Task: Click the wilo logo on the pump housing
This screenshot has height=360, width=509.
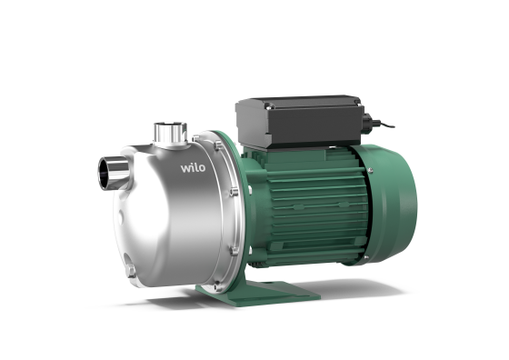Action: click(193, 168)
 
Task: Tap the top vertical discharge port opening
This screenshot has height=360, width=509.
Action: click(170, 125)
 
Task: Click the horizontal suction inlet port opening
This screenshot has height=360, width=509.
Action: click(105, 174)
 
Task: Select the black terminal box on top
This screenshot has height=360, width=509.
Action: click(300, 122)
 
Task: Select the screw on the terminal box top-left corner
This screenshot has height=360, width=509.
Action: click(268, 105)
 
